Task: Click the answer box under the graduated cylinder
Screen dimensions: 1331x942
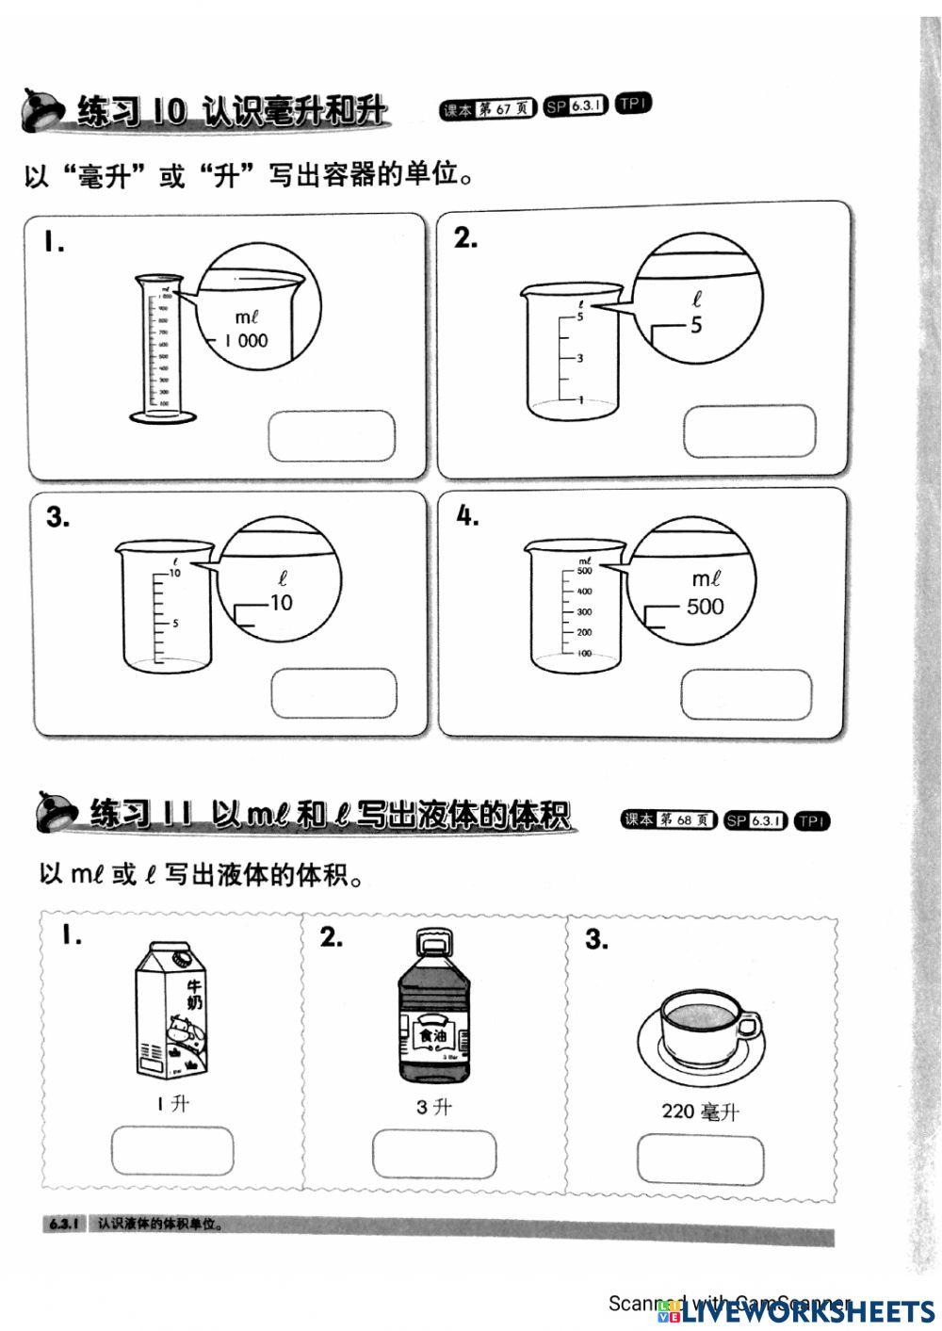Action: tap(332, 436)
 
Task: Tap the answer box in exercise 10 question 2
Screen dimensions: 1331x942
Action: tap(750, 431)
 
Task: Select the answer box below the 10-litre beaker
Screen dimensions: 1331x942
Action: tap(333, 694)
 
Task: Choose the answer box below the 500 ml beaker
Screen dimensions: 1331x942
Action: tap(746, 694)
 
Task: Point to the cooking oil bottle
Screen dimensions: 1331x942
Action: tap(433, 1008)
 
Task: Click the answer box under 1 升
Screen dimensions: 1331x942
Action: tap(172, 1151)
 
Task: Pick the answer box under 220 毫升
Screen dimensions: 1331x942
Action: tap(700, 1160)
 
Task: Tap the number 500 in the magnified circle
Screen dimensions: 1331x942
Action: tap(705, 607)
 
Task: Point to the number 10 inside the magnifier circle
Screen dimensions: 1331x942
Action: tap(281, 603)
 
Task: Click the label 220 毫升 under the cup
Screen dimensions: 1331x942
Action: tap(700, 1112)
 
